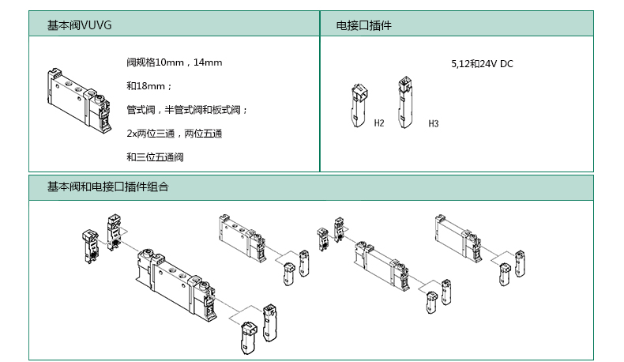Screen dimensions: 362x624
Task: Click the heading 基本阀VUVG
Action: click(x=80, y=26)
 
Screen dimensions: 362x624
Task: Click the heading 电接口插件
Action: click(x=364, y=26)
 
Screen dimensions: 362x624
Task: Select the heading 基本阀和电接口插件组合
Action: click(x=107, y=187)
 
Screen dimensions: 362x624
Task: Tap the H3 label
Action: click(x=433, y=124)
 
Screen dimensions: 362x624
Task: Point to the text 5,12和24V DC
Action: click(x=482, y=64)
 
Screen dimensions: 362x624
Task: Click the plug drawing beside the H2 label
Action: click(x=359, y=107)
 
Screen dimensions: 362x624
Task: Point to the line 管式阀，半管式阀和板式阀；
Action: click(x=187, y=110)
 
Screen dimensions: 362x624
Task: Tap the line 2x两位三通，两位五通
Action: click(x=174, y=134)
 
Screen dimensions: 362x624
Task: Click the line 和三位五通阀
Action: click(x=155, y=157)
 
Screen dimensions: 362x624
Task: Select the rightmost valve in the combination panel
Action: click(x=458, y=238)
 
